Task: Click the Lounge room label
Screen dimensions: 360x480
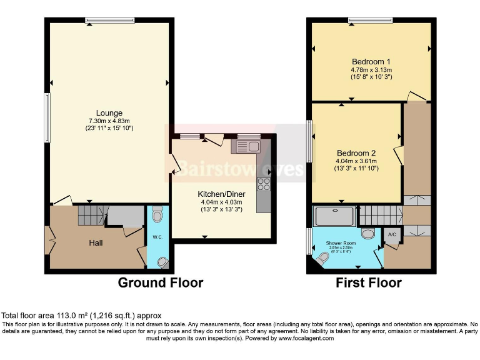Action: tap(109, 113)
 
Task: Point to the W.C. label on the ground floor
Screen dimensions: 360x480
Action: tap(156, 237)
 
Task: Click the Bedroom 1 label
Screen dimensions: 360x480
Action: tap(371, 61)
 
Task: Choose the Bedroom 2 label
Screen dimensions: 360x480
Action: tap(356, 153)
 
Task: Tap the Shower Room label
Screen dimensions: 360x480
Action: tap(341, 242)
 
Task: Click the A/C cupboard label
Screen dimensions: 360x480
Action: tap(392, 234)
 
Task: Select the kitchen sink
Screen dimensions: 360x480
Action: tap(247, 147)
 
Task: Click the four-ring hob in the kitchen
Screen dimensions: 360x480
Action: tap(263, 184)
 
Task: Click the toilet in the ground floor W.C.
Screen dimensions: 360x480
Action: tap(156, 216)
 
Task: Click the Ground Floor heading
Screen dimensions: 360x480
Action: tap(161, 283)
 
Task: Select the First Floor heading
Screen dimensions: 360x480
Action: tap(369, 283)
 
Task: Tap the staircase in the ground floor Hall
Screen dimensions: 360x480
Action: tap(90, 216)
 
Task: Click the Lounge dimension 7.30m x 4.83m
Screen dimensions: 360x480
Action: tap(109, 121)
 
